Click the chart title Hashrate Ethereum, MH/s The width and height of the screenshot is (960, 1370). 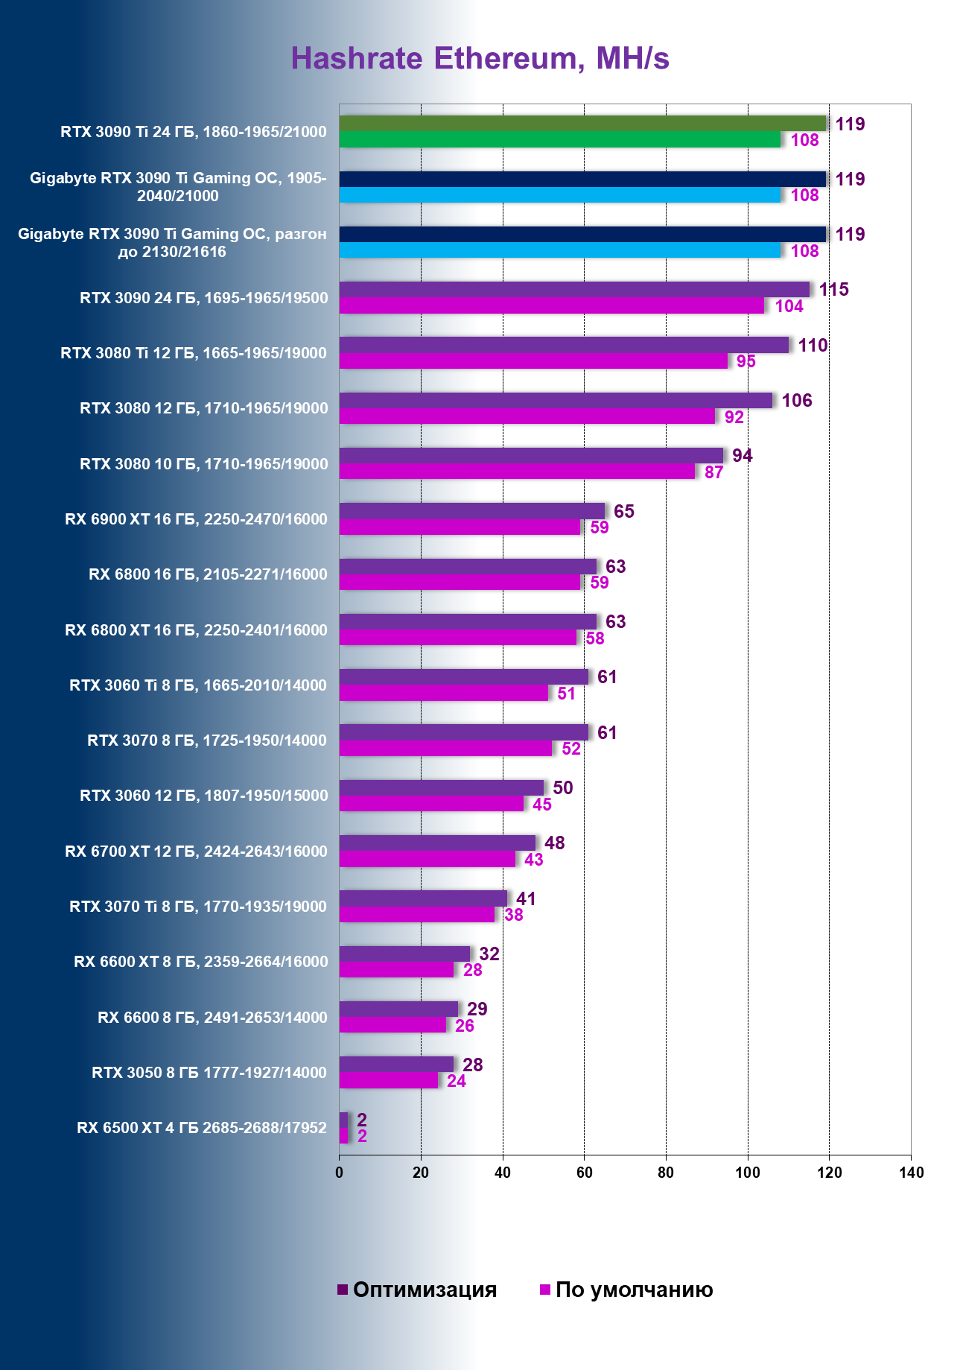[x=480, y=59]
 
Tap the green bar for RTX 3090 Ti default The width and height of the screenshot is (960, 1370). [x=559, y=139]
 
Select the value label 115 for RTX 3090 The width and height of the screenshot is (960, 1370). [x=833, y=290]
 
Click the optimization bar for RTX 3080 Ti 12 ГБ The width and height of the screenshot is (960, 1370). [x=564, y=345]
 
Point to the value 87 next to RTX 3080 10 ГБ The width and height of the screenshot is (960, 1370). [x=713, y=472]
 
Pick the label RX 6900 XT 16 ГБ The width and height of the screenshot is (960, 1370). [x=196, y=519]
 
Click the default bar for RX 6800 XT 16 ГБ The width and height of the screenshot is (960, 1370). [x=457, y=638]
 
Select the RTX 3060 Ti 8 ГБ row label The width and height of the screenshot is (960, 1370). [x=197, y=685]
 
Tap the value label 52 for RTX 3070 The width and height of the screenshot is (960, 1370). [x=571, y=749]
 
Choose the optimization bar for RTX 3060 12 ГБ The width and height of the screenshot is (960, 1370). [x=442, y=787]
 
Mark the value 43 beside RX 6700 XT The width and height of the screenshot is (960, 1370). [x=533, y=860]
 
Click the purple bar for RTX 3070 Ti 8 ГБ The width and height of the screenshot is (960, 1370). [x=423, y=898]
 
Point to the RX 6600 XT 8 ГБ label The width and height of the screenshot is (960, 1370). [x=200, y=962]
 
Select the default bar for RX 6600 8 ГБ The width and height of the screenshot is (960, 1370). [x=392, y=1025]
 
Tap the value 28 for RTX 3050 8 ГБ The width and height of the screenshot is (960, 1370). [x=472, y=1065]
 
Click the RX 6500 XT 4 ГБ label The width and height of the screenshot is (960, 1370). [x=201, y=1128]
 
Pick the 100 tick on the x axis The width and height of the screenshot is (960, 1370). [x=748, y=1173]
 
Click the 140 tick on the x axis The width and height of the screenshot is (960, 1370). [x=911, y=1173]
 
